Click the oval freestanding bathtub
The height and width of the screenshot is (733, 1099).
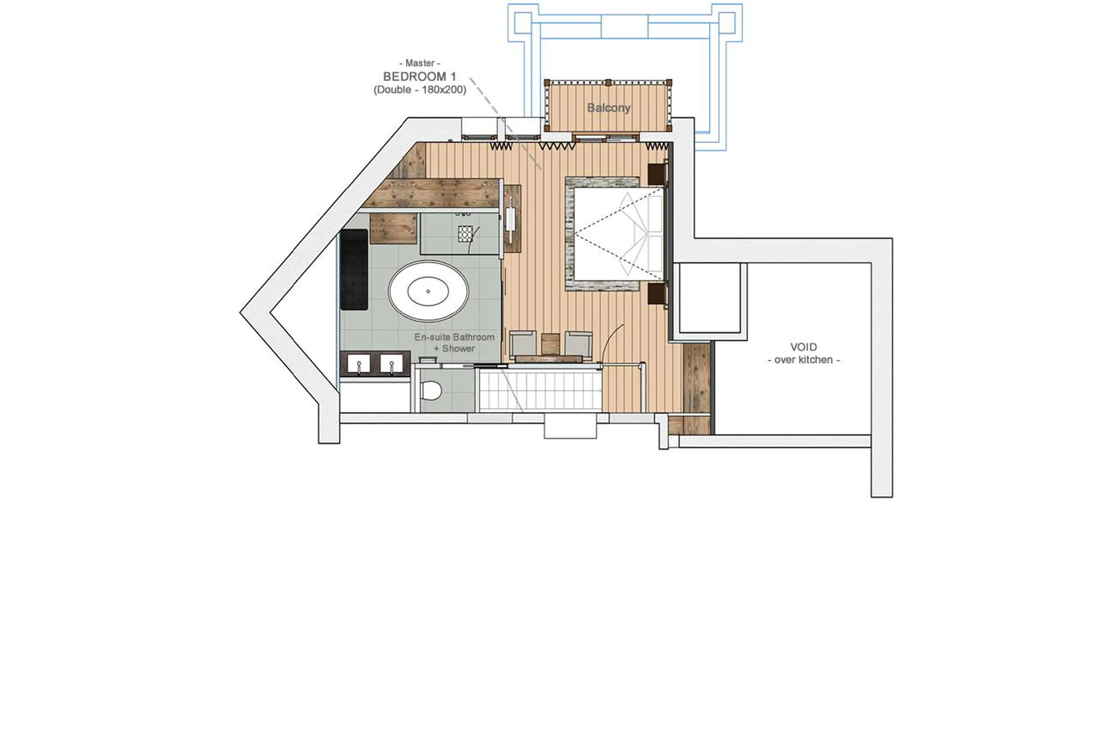[428, 291]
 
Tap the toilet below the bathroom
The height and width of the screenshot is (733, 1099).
[430, 390]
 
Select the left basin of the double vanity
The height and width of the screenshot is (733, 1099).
[358, 363]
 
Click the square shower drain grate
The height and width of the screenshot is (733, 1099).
[465, 233]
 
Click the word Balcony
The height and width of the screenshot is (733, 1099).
[608, 108]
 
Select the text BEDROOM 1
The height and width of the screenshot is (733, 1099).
[419, 77]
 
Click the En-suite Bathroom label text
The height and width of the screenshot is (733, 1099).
[454, 337]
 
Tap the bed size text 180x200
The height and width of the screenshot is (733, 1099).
[443, 90]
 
